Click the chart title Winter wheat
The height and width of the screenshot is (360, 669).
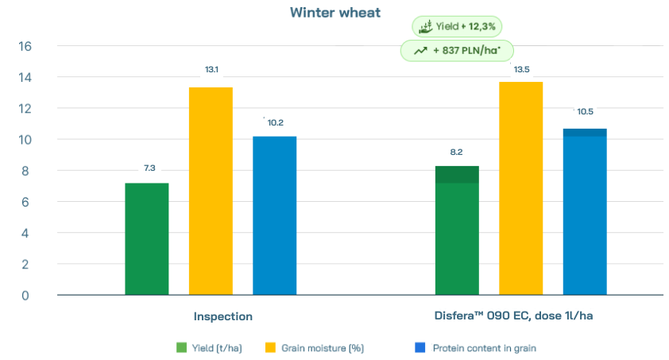334,12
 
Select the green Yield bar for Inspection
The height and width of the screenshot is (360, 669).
147,238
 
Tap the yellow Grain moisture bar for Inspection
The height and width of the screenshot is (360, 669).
211,191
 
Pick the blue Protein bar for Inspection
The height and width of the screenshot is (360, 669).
274,215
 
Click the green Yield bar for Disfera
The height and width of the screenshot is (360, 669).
457,230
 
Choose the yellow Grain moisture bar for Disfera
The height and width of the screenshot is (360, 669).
521,188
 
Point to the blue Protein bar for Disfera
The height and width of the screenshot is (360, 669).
585,211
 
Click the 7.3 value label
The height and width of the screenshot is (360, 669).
149,168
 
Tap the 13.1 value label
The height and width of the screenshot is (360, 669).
211,71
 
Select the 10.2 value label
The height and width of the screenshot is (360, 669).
276,122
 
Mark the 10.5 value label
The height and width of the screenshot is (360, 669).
586,111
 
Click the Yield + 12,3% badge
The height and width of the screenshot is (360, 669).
457,27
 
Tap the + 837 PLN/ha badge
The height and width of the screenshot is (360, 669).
457,51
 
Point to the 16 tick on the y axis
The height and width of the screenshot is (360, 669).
24,46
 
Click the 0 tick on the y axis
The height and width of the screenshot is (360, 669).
26,295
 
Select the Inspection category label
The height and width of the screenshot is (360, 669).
223,316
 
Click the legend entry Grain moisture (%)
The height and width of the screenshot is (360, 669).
315,347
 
